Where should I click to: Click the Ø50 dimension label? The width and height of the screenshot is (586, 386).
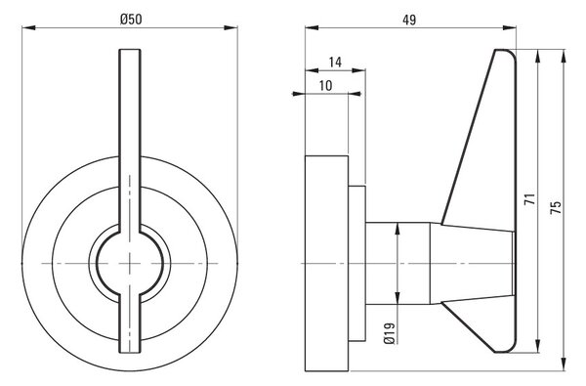(131, 19)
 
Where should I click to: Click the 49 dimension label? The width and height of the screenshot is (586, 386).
(409, 20)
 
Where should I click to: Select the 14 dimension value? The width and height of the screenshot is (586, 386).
(335, 63)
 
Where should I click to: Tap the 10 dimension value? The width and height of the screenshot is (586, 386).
(326, 86)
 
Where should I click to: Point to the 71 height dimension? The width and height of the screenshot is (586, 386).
(530, 198)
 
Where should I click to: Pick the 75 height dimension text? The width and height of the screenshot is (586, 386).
(556, 207)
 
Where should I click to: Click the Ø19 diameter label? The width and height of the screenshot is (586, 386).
(390, 333)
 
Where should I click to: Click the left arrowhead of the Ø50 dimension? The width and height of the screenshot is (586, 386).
(28, 27)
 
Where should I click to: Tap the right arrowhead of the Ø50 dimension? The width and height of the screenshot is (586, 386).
(230, 27)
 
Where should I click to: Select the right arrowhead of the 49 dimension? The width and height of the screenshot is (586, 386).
(509, 27)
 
